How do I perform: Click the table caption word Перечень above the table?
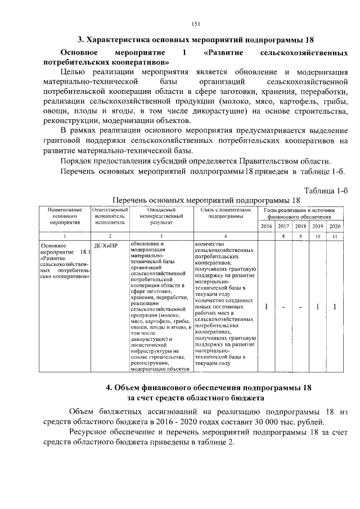[x=133, y=200]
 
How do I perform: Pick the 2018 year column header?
[x=300, y=226]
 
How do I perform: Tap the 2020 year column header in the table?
[x=335, y=226]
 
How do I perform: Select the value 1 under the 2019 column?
[x=318, y=307]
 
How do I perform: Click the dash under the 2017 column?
[x=283, y=307]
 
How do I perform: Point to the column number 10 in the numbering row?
[x=318, y=237]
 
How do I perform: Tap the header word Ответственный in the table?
[x=110, y=209]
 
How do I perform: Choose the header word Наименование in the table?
[x=64, y=209]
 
